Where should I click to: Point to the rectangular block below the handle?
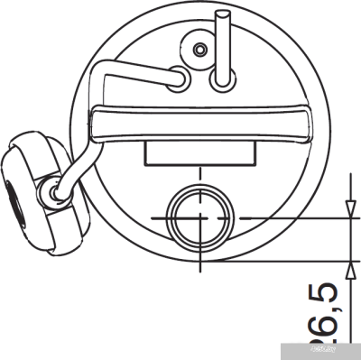(199, 154)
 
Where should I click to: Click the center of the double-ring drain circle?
(199, 218)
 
